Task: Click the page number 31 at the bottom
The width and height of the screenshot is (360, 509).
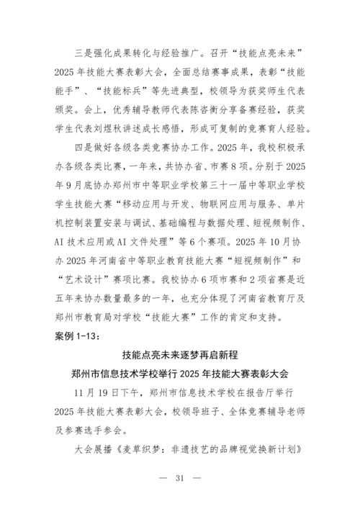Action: click(179, 478)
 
